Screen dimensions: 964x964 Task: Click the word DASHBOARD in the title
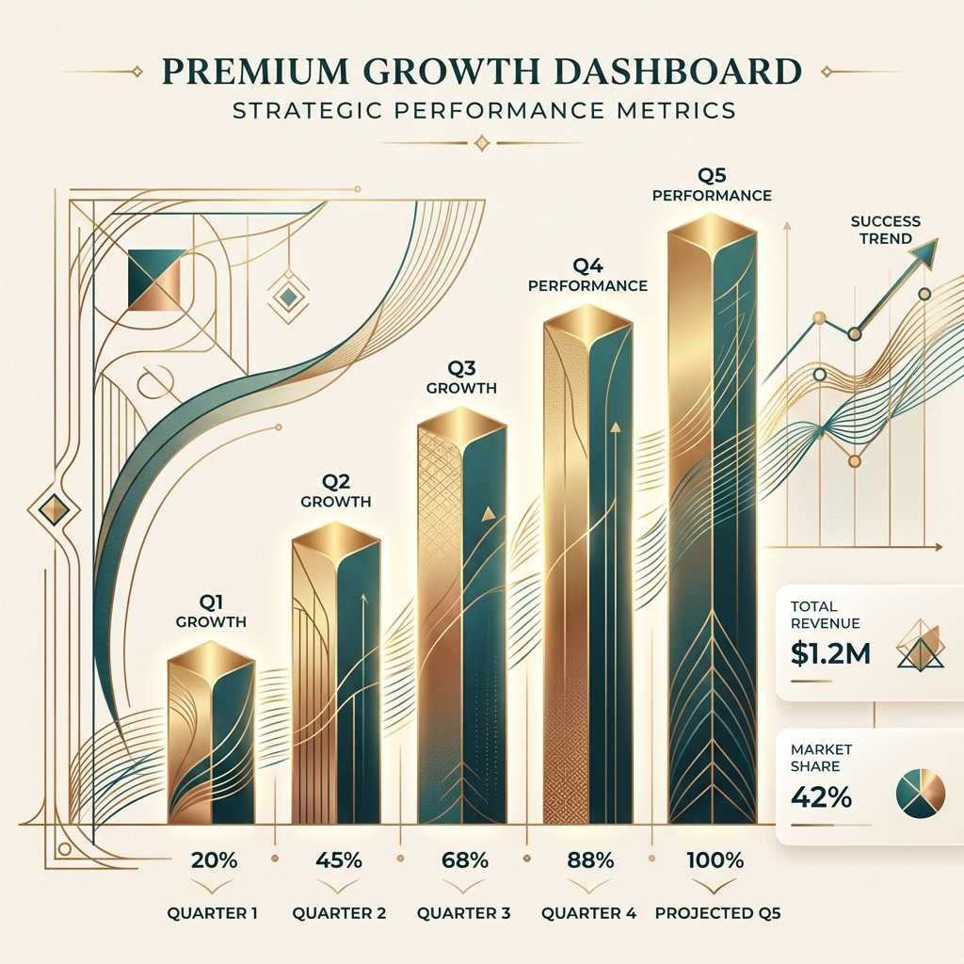click(678, 72)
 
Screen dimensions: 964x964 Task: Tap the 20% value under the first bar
click(214, 860)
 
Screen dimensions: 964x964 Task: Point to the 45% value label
click(339, 860)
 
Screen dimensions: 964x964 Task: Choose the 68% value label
click(465, 860)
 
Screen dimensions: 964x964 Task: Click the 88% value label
click(590, 860)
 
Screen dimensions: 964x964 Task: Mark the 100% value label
click(715, 860)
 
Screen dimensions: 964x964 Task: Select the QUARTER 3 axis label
click(463, 913)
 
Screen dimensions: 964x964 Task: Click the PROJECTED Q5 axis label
click(717, 913)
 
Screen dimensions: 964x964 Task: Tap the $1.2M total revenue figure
click(830, 653)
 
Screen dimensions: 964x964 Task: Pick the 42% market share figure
click(821, 797)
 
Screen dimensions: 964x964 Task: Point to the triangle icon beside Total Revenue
click(921, 647)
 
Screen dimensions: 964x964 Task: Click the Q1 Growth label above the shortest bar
click(211, 612)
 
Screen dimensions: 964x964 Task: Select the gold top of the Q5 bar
click(712, 233)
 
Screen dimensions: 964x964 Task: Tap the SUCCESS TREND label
click(885, 230)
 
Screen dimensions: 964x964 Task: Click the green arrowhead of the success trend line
click(924, 253)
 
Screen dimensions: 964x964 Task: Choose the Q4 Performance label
click(587, 276)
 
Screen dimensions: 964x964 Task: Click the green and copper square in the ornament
click(155, 280)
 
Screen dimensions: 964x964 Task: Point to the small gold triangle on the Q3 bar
click(489, 513)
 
